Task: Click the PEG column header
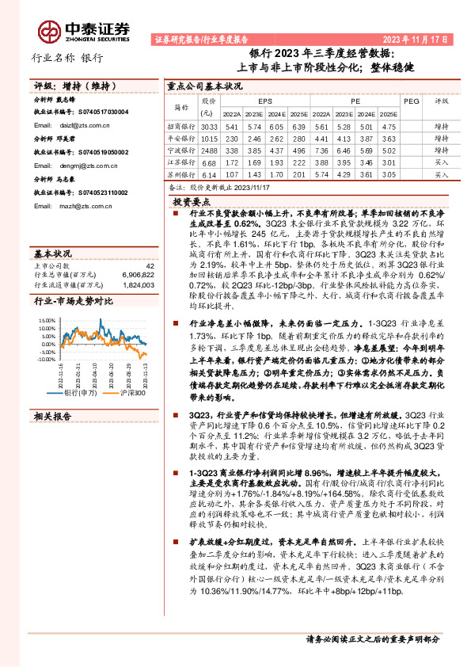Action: click(x=411, y=102)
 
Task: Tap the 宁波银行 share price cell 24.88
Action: click(x=209, y=151)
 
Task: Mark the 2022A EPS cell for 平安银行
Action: click(x=232, y=139)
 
